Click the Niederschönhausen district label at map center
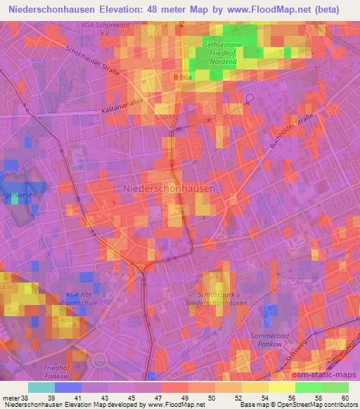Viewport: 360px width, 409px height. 169,188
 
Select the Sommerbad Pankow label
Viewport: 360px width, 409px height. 270,342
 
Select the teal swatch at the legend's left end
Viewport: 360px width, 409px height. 41,387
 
